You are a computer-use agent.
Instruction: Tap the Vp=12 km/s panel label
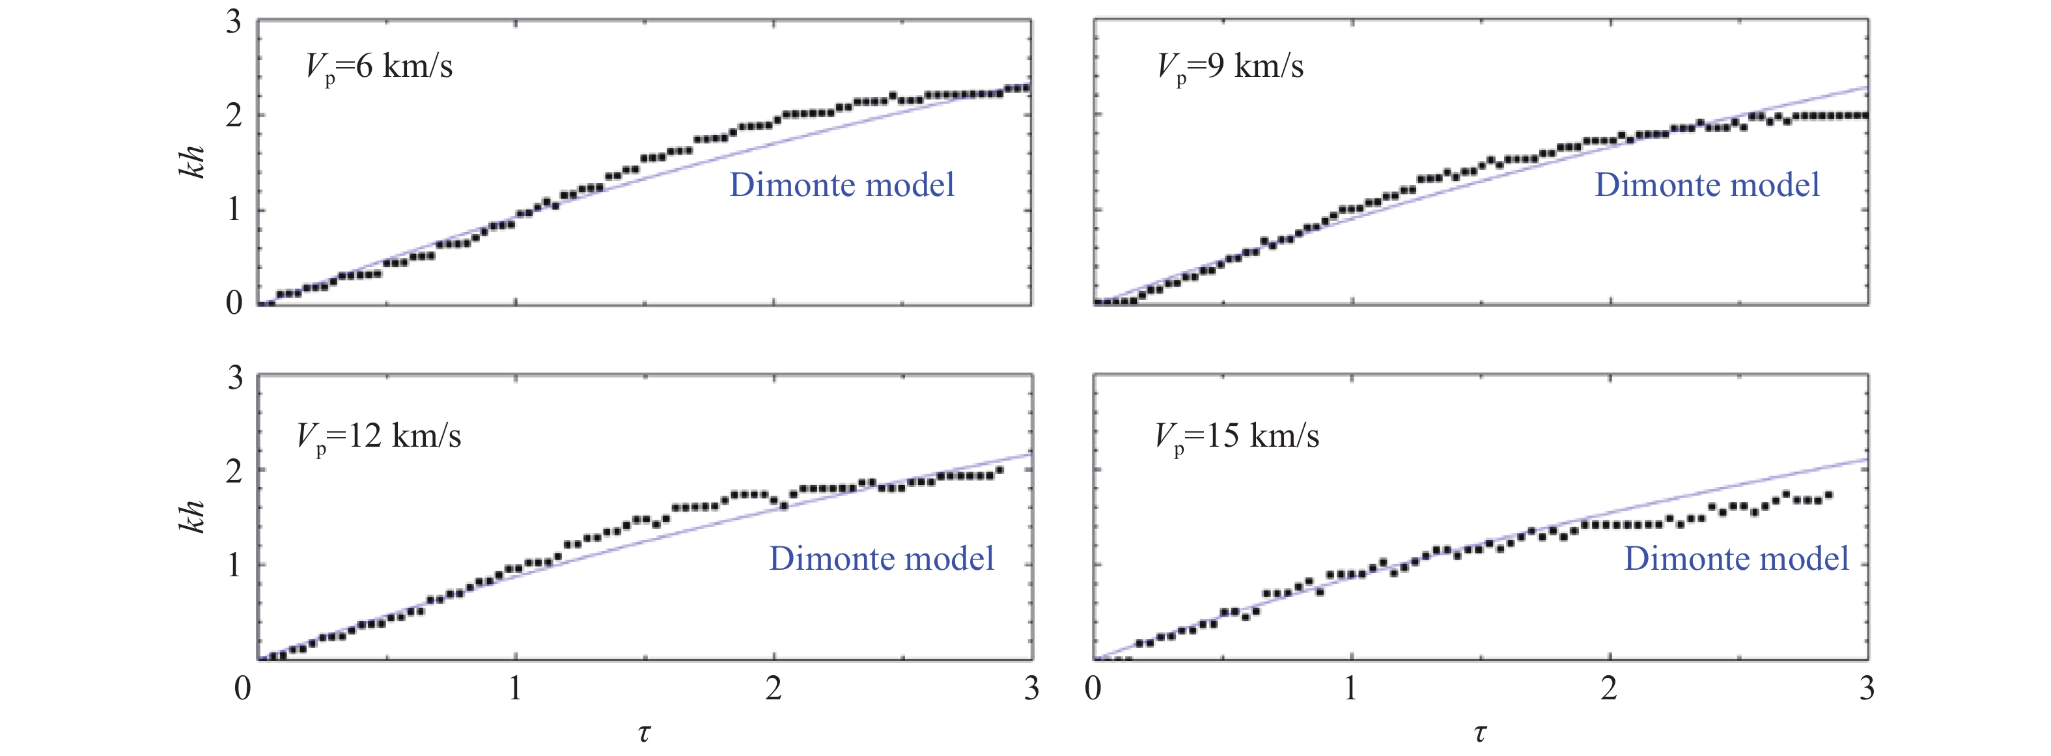379,436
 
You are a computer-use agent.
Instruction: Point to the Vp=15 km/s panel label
1236,436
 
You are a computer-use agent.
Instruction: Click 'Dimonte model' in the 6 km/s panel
842,185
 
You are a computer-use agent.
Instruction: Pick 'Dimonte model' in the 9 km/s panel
1707,185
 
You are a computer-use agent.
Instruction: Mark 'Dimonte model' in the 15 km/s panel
1737,559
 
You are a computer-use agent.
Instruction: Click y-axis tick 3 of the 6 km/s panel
233,21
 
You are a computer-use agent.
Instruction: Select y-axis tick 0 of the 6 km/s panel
233,303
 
